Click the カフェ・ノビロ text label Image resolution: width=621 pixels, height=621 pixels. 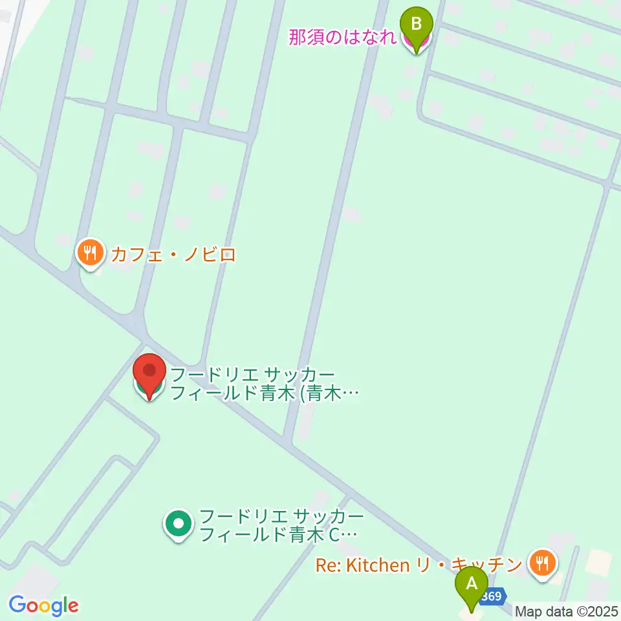click(173, 254)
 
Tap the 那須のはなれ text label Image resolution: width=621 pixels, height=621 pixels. click(342, 38)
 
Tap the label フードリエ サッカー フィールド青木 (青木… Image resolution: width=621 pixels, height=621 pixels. click(263, 384)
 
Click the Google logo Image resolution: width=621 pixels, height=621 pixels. click(43, 605)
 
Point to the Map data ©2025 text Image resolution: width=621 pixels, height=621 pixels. click(567, 611)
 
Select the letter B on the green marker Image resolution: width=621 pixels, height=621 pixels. click(417, 24)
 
